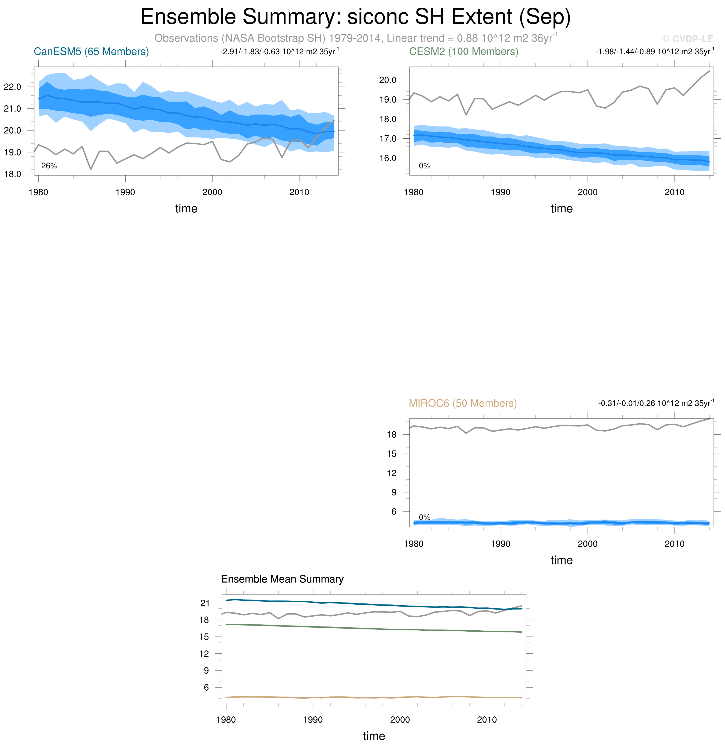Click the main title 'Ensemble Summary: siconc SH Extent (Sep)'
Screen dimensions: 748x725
tap(355, 17)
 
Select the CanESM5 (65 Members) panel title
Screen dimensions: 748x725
tap(91, 52)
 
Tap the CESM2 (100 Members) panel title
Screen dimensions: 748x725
tap(464, 52)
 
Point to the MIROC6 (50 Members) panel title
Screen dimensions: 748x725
tap(463, 403)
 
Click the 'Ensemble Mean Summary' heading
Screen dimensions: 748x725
tap(282, 579)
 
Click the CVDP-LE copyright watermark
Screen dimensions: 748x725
tap(687, 39)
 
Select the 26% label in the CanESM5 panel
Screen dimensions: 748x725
tap(49, 166)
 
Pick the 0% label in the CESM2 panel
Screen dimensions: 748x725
tap(424, 166)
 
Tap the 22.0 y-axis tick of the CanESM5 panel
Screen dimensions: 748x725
tap(13, 87)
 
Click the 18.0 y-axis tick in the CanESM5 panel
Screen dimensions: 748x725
tap(13, 174)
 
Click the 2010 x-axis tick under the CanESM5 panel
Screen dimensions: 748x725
tap(299, 192)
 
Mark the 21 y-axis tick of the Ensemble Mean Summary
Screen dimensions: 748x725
tap(205, 603)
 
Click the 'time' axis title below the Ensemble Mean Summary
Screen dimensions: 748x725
tap(374, 736)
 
